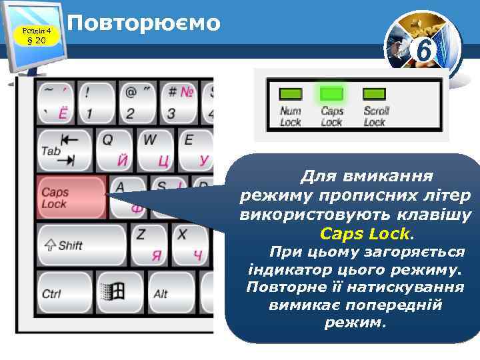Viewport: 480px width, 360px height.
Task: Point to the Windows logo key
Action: (112, 291)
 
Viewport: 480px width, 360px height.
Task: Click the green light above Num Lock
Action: (289, 94)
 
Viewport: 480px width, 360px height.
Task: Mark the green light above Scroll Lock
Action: (374, 94)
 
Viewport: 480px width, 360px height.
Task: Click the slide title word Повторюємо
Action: (144, 23)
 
